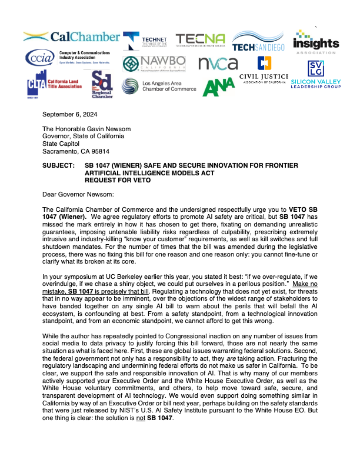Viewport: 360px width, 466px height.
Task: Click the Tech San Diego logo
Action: click(x=258, y=41)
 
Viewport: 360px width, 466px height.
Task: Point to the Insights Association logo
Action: click(x=316, y=41)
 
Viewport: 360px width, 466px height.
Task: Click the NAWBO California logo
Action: click(x=154, y=63)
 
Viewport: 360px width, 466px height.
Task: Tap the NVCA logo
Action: click(x=218, y=64)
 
